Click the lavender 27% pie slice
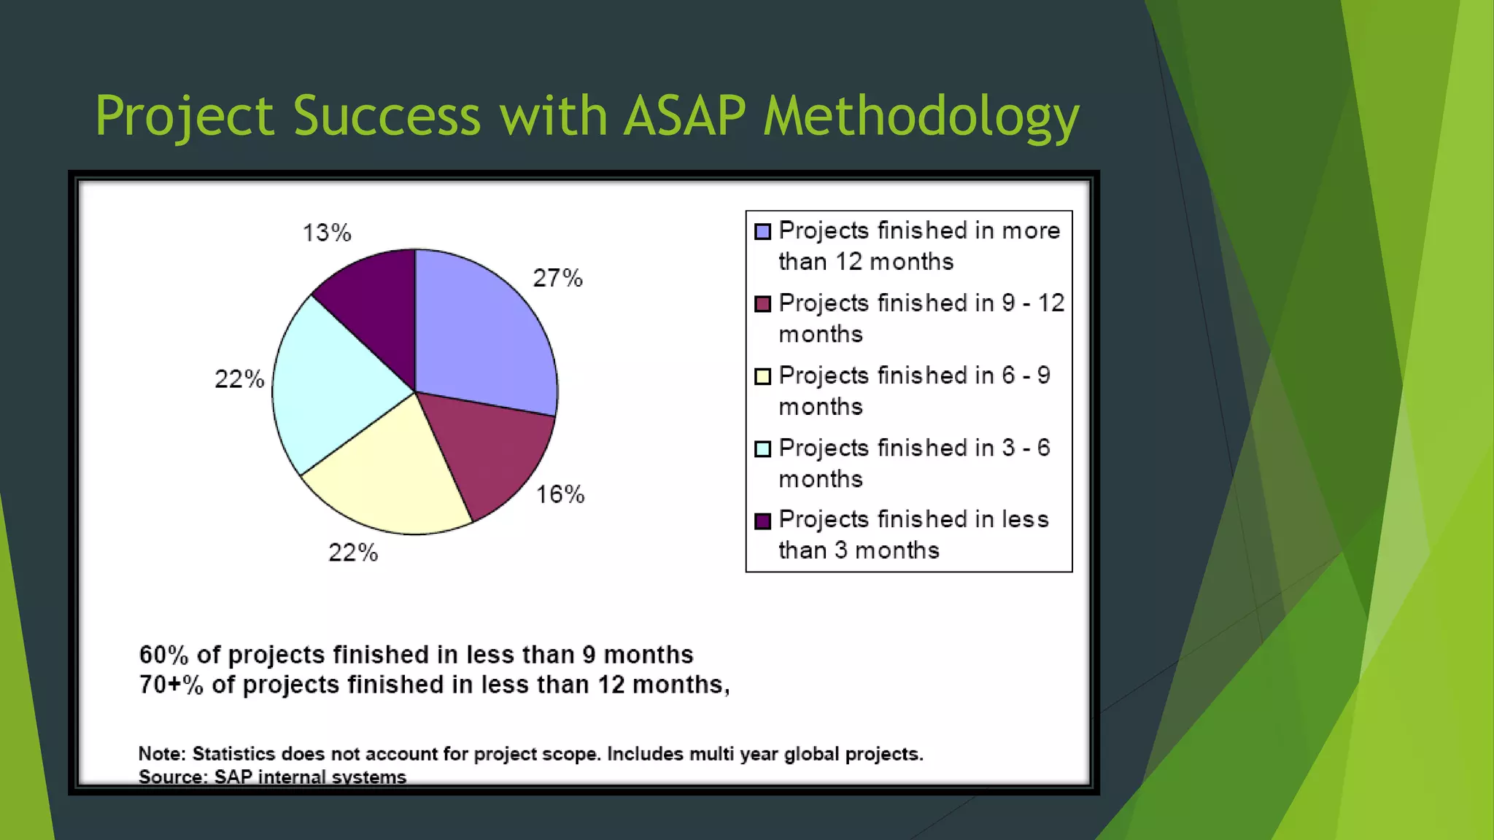tap(481, 328)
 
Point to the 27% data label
tap(557, 278)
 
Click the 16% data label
tap(560, 494)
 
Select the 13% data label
tap(327, 233)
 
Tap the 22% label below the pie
tap(353, 553)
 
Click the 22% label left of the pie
tap(239, 379)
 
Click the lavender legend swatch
tap(762, 232)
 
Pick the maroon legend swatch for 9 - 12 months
tap(762, 304)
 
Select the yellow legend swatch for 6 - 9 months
tap(762, 376)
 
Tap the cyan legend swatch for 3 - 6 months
tap(762, 448)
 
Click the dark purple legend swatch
tap(762, 521)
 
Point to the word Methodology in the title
tap(921, 116)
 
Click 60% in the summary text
tap(163, 655)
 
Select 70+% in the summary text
tap(171, 685)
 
